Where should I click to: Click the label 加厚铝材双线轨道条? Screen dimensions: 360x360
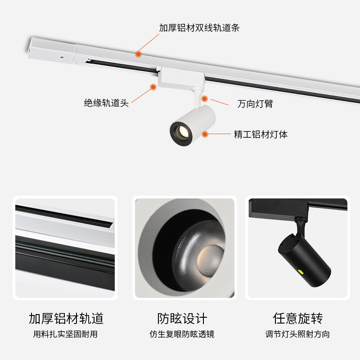click(x=199, y=28)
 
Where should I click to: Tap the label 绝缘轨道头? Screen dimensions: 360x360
click(x=106, y=103)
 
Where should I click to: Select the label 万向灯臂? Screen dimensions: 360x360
click(x=255, y=104)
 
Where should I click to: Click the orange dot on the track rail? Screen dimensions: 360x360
click(x=139, y=54)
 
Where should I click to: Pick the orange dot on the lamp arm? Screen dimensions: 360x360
click(x=204, y=98)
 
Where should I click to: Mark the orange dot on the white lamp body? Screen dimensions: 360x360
click(x=205, y=134)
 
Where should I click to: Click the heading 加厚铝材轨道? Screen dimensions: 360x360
click(x=66, y=319)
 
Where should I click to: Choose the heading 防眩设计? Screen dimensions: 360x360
click(x=182, y=319)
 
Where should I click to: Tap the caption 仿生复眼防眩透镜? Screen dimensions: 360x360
click(x=182, y=334)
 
